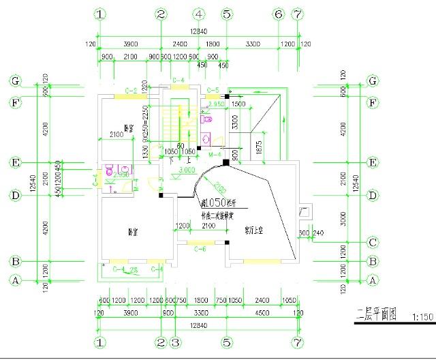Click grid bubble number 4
tap(199, 14)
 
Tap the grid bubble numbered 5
tap(228, 14)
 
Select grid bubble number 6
tap(278, 14)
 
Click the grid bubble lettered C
tap(373, 242)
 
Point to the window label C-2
tap(131, 91)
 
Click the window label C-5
tap(213, 91)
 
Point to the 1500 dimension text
tap(238, 104)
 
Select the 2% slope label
tap(134, 271)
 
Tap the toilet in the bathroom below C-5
tap(208, 118)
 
